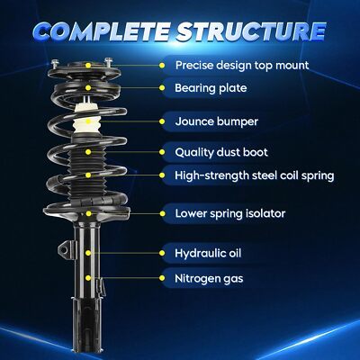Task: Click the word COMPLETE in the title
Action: tap(101, 31)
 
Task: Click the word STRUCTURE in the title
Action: tap(251, 31)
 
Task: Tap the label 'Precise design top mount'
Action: tap(242, 66)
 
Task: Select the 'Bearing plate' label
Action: tap(211, 88)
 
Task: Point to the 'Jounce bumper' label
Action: tap(216, 121)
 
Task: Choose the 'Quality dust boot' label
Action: tap(221, 152)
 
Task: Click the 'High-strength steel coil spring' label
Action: tap(255, 175)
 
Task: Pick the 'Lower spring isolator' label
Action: tap(230, 214)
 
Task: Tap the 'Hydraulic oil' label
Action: tap(208, 254)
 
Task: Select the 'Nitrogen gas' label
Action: tap(209, 279)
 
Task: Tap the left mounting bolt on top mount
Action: tap(54, 64)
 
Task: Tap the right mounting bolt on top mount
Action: tap(108, 63)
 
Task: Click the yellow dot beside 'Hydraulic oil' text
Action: tap(162, 254)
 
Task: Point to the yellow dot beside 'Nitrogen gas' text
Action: tap(162, 279)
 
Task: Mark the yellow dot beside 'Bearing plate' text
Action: tap(162, 88)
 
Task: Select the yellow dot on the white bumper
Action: tap(88, 121)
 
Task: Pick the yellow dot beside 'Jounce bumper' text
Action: tap(162, 121)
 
